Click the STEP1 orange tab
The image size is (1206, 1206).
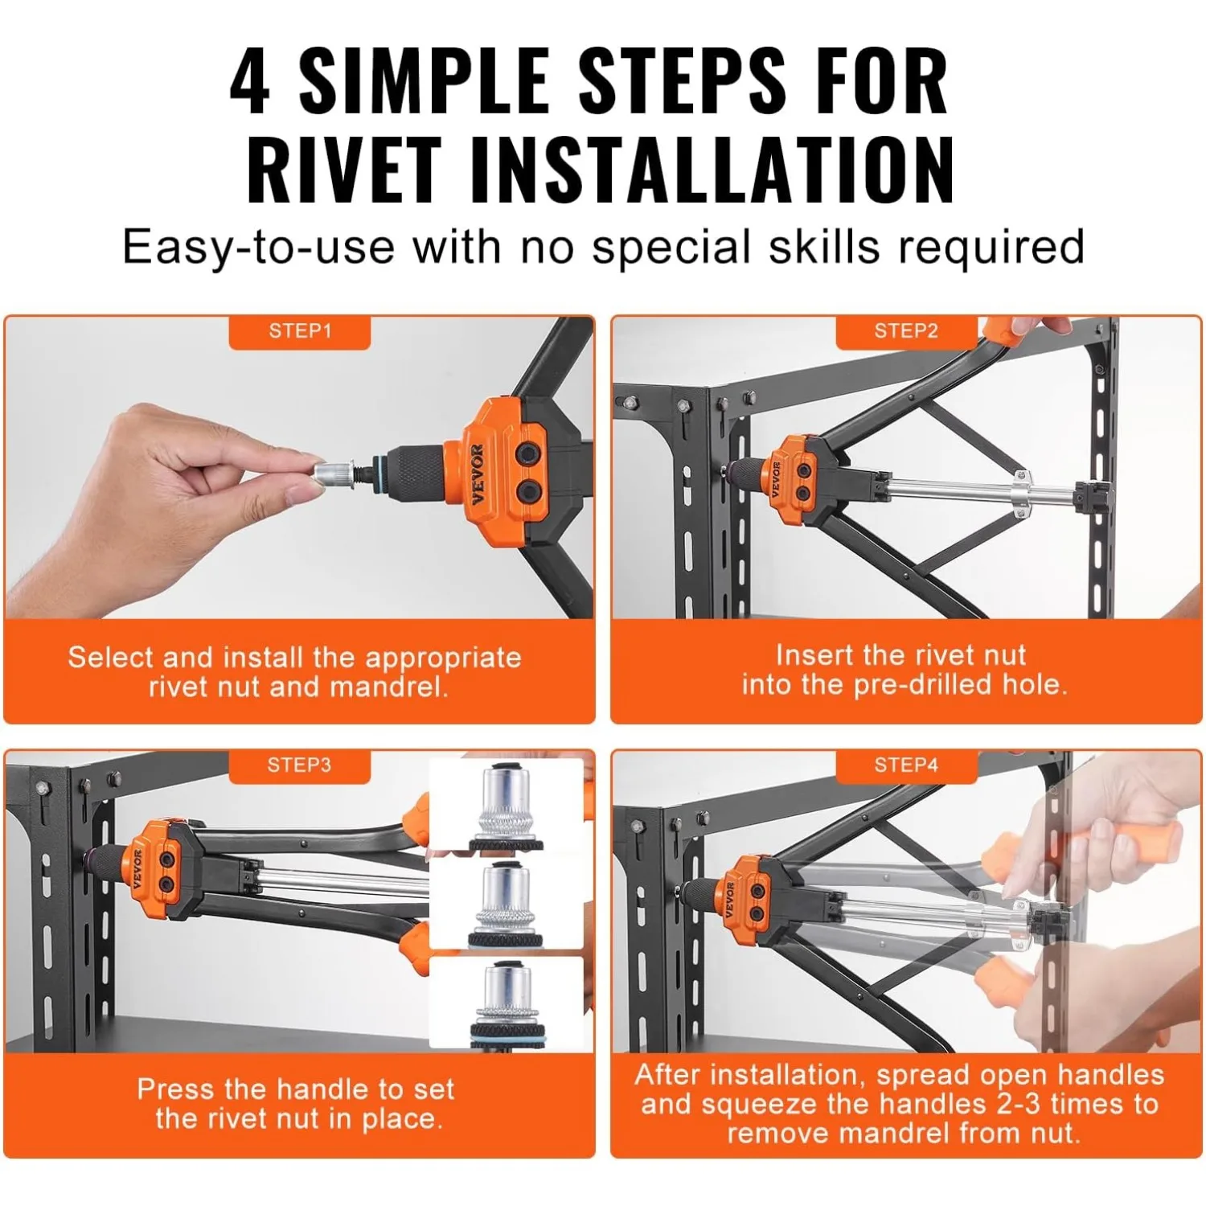(299, 331)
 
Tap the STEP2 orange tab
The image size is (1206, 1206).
(906, 331)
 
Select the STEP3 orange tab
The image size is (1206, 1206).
(299, 765)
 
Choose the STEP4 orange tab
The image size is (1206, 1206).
(906, 765)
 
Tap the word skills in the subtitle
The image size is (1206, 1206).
(824, 246)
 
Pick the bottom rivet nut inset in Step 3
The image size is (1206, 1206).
(507, 1002)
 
